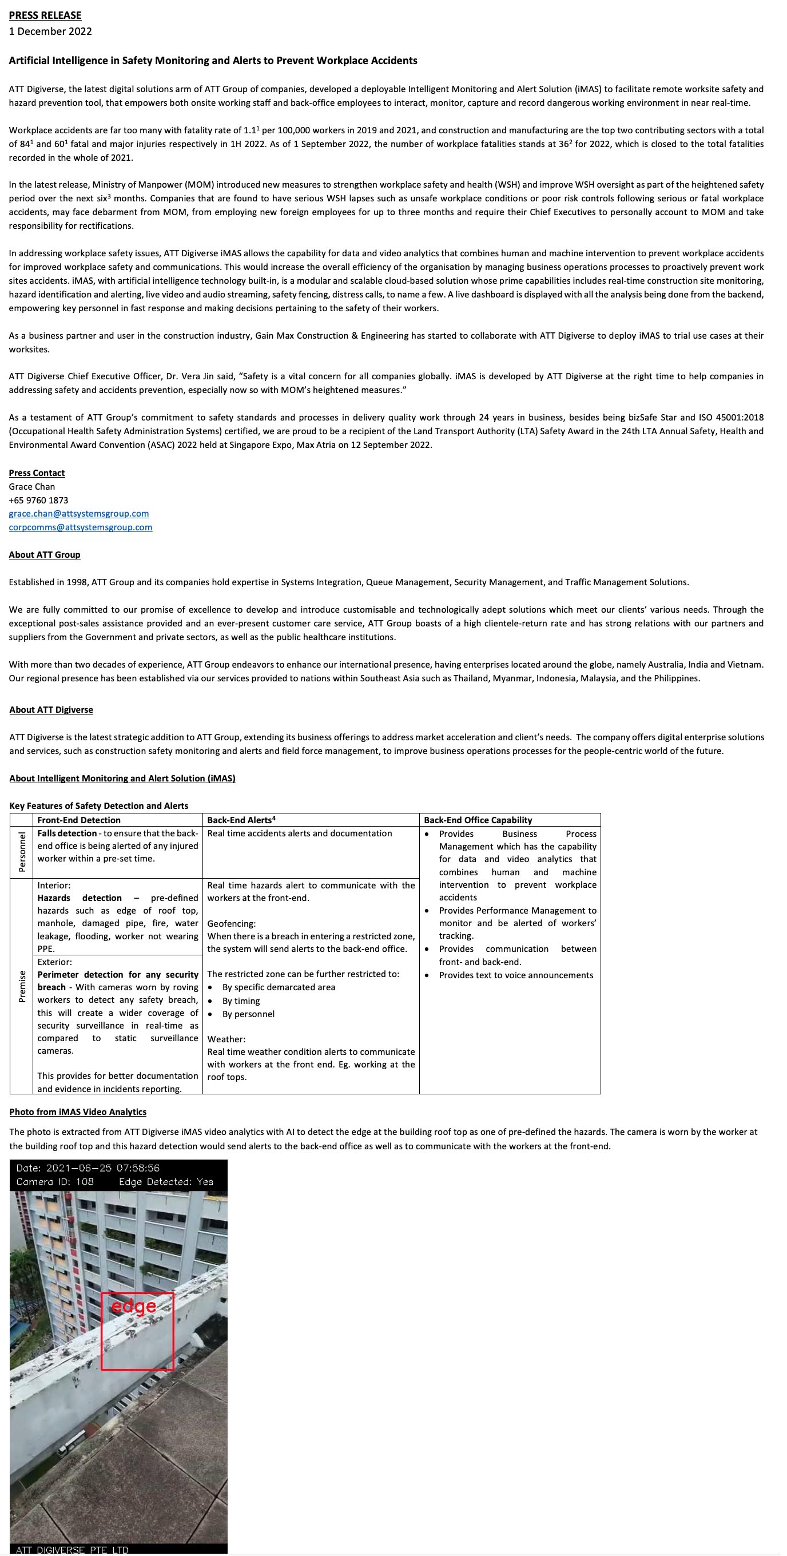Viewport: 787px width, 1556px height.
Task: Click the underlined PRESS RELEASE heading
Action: coord(45,15)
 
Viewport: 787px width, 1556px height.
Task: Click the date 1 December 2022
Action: coord(50,31)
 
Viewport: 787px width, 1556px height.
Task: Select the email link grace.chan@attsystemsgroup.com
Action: coord(78,514)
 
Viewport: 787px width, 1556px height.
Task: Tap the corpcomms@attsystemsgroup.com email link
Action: coord(80,527)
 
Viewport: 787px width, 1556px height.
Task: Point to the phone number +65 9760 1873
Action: coord(38,500)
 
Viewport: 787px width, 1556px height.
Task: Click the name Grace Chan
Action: coord(31,486)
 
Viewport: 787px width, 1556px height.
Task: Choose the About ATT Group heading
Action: coord(44,554)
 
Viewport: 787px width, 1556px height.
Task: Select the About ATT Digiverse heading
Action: coord(51,710)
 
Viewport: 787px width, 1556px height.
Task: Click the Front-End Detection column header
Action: coord(78,820)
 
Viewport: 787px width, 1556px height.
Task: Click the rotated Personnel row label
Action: coord(22,852)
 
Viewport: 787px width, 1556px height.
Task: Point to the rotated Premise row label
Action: coord(22,986)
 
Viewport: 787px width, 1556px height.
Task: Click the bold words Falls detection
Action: coord(67,833)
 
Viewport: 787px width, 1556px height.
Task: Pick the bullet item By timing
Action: coord(241,1001)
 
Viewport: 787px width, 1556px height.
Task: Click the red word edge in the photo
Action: coord(133,1306)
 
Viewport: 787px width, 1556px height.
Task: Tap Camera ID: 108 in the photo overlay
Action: coord(55,1181)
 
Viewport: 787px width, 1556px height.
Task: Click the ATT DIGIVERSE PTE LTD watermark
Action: coord(72,1550)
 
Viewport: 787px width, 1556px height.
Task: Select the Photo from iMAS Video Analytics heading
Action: coord(78,1112)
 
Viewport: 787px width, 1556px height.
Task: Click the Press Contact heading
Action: coord(36,473)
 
